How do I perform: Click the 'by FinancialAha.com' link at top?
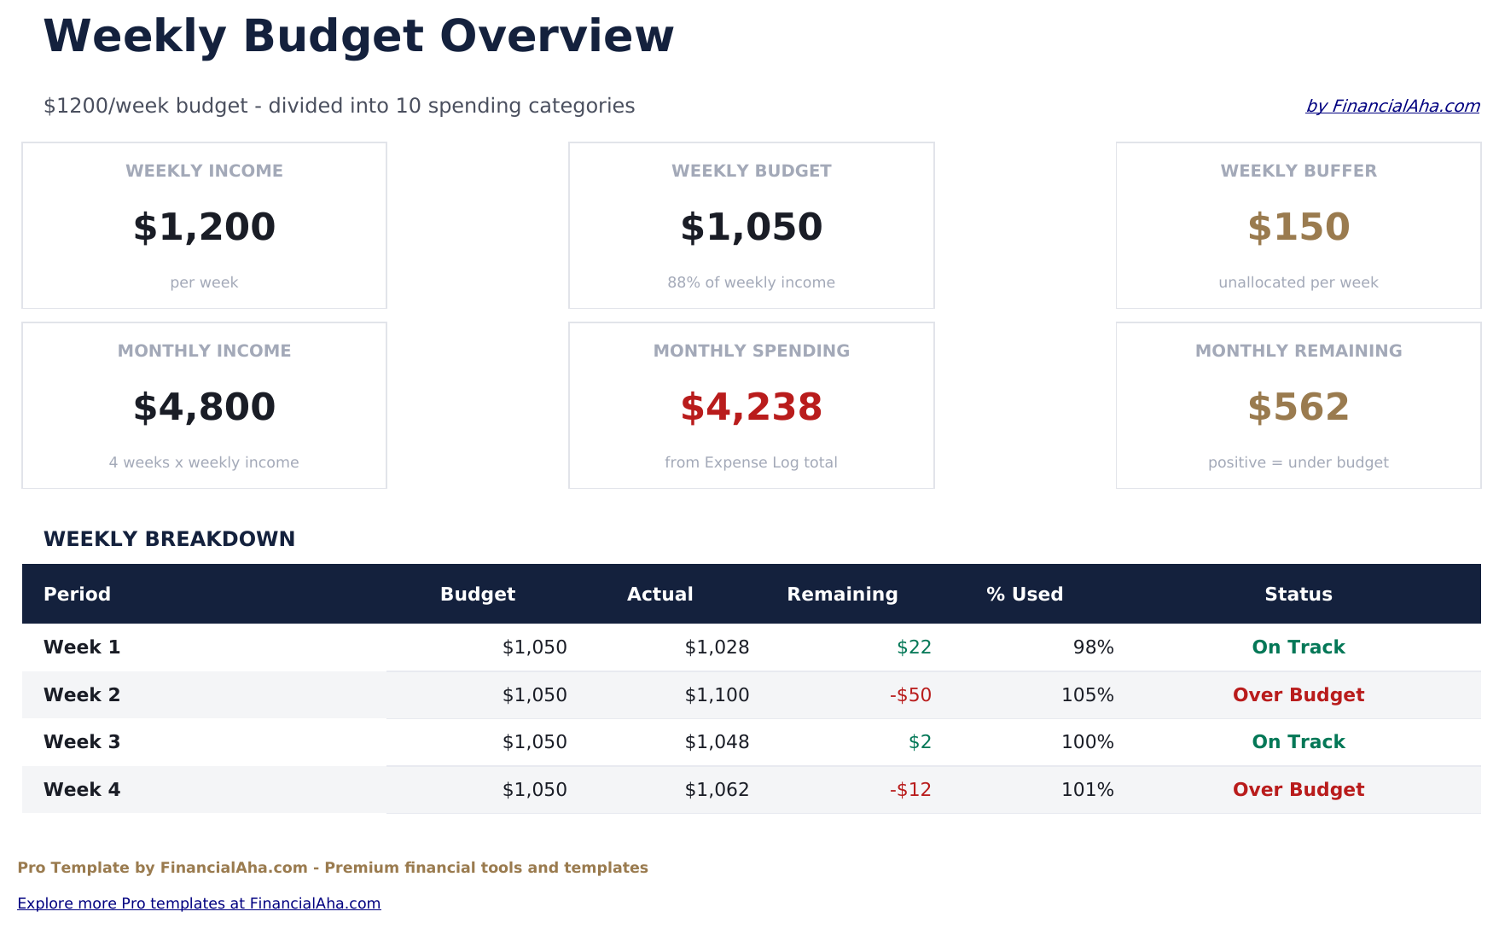click(x=1392, y=106)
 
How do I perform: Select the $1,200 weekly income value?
click(x=204, y=227)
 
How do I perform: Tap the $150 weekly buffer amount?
click(x=1298, y=227)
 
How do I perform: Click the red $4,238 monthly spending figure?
click(x=751, y=407)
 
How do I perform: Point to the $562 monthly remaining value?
click(x=1298, y=407)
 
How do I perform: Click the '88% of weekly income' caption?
click(x=751, y=282)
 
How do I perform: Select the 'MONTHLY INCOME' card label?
click(x=204, y=351)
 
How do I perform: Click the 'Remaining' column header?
click(x=842, y=594)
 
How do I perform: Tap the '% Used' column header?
click(x=1024, y=594)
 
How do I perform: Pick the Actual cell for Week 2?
click(x=717, y=694)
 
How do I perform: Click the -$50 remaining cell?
click(x=910, y=694)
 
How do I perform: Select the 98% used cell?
click(x=1093, y=647)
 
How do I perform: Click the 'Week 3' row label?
click(x=82, y=741)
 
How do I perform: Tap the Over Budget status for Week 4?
click(x=1298, y=789)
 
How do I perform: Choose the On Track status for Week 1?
click(x=1298, y=647)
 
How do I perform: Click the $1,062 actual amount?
click(x=717, y=789)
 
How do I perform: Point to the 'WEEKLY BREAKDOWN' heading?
click(x=169, y=539)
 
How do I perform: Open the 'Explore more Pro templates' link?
click(x=199, y=903)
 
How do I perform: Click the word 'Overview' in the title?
click(x=556, y=37)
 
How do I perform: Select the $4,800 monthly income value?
click(x=204, y=407)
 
